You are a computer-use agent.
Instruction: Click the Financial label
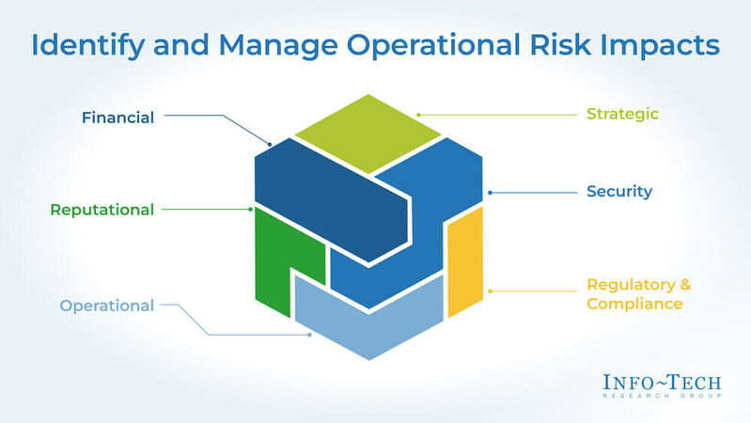tap(117, 117)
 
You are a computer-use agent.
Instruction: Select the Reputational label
tap(102, 210)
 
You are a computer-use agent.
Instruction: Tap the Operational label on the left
tap(106, 305)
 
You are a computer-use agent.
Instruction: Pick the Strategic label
tap(622, 115)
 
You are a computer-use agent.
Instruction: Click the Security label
tap(618, 192)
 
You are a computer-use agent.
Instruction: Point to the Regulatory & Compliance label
tap(634, 294)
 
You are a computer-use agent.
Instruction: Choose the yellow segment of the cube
tap(464, 268)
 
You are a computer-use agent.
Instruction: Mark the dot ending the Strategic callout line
tap(419, 116)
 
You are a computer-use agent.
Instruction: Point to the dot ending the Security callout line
tap(491, 193)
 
